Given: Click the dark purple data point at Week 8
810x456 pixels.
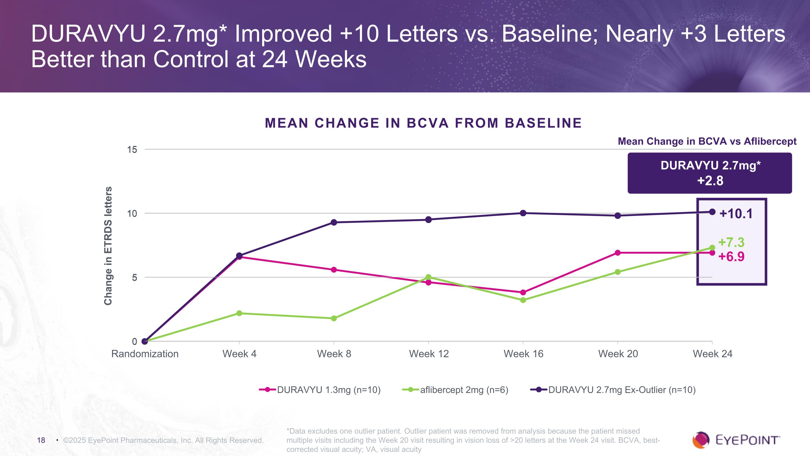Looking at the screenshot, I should pos(334,222).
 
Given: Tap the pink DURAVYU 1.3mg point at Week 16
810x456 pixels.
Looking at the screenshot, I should pos(523,292).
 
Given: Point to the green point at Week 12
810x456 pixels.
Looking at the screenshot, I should pos(428,277).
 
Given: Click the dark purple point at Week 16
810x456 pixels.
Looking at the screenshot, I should pos(523,213).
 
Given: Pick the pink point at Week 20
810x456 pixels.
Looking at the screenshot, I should pos(617,253).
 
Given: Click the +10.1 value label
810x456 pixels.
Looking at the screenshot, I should pos(736,214).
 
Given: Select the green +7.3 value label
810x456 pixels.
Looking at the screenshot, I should pos(731,242).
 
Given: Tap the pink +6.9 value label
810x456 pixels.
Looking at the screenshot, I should pos(731,257).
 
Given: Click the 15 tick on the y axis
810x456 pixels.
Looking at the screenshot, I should pos(132,149).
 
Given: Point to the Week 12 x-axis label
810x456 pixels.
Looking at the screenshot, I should pos(428,354).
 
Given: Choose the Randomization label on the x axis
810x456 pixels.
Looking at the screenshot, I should pos(145,354).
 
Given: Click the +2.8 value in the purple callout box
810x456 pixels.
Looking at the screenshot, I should pos(710,181).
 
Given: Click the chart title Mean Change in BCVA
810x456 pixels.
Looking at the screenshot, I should pos(423,123).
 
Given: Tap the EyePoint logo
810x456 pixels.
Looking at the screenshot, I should pos(736,440).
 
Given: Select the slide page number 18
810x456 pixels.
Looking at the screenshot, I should pos(41,440).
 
